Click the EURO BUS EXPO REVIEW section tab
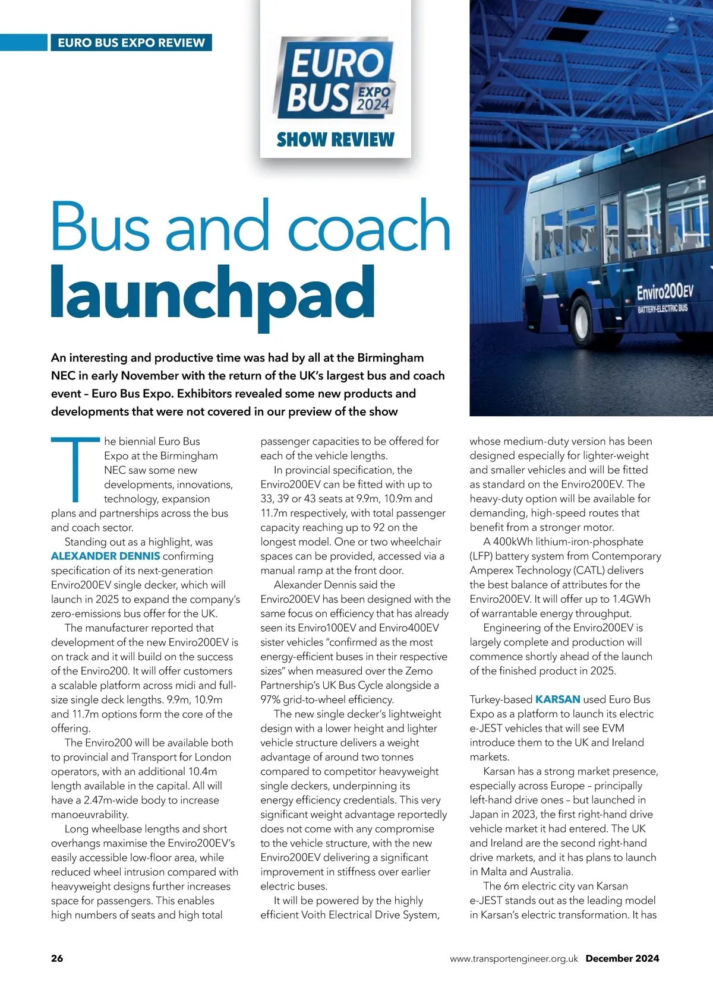(131, 43)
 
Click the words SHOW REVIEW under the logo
(335, 140)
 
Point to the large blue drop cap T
(75, 469)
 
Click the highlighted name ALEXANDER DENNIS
(105, 556)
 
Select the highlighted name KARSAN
(557, 699)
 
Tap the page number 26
(57, 958)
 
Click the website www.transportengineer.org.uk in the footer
(513, 958)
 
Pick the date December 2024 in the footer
(622, 958)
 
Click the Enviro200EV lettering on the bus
(664, 292)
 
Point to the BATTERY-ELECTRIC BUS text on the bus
(662, 309)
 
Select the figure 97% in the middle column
(270, 699)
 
